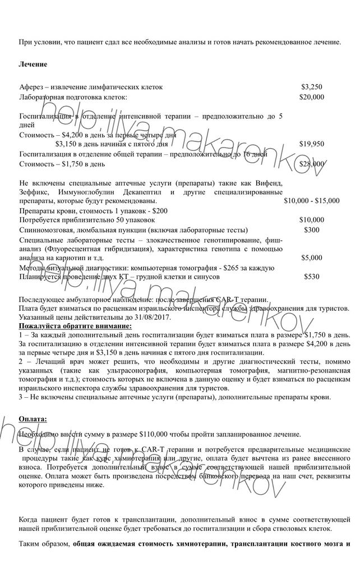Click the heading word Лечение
[x=33, y=65]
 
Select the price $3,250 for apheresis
[x=312, y=87]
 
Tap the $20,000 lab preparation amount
[x=312, y=97]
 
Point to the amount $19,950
[x=312, y=144]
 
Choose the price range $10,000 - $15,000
[x=312, y=200]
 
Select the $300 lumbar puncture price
[x=312, y=229]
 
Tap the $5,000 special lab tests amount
[x=312, y=258]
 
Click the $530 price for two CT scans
[x=312, y=277]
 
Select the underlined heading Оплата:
[x=33, y=419]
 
